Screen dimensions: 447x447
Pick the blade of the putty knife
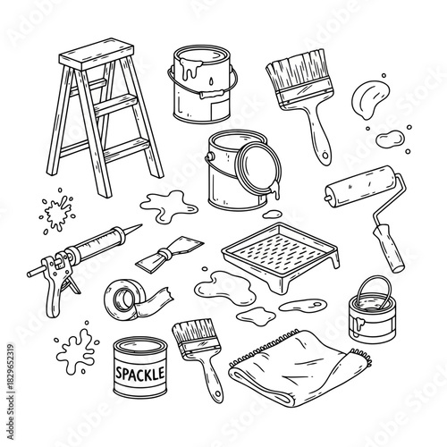point(155,258)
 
